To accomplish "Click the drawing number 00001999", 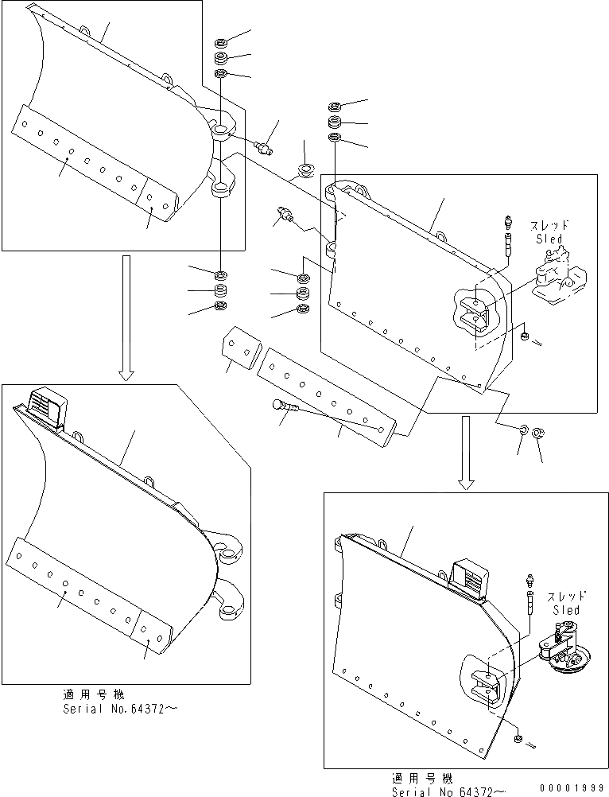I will [x=572, y=787].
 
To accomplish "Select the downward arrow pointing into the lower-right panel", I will [x=467, y=453].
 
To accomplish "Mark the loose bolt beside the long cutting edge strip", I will [x=285, y=406].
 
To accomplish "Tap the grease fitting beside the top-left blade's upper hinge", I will [x=265, y=146].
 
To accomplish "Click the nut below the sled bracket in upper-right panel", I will [x=524, y=337].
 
